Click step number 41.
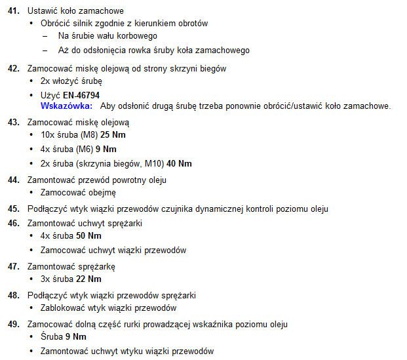point(13,11)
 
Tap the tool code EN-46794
point(81,95)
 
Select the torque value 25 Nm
point(113,134)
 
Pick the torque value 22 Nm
point(89,279)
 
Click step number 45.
point(13,209)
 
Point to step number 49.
point(13,325)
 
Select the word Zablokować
point(64,308)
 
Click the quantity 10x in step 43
point(47,134)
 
